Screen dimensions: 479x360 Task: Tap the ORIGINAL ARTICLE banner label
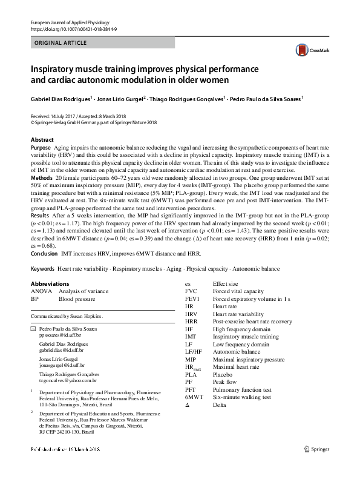click(x=61, y=43)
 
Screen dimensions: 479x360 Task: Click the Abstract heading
click(x=42, y=140)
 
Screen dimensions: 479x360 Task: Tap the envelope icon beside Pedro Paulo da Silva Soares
click(x=33, y=328)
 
